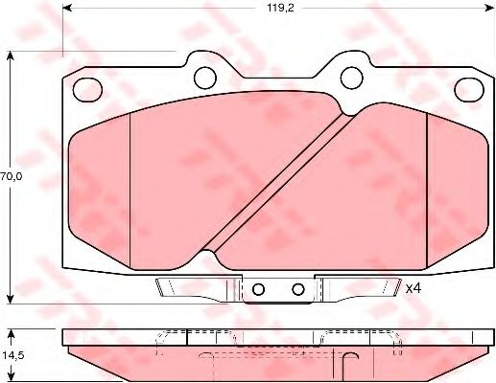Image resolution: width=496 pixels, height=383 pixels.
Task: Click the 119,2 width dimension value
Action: pos(280,9)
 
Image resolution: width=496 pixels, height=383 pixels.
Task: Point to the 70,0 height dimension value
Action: pos(12,176)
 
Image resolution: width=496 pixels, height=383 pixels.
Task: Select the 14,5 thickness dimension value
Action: pos(12,355)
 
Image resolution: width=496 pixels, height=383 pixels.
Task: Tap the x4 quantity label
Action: pos(413,289)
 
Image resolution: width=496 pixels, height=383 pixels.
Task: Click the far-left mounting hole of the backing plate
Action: pos(87,90)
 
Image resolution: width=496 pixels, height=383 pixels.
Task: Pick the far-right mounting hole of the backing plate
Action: pos(469,90)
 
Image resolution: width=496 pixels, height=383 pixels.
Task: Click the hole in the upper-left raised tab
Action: pos(205,78)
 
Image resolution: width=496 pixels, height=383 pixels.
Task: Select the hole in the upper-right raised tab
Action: pos(352,78)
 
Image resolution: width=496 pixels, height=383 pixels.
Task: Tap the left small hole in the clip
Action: pos(258,289)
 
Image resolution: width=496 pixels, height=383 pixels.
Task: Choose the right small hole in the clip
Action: pos(298,289)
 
